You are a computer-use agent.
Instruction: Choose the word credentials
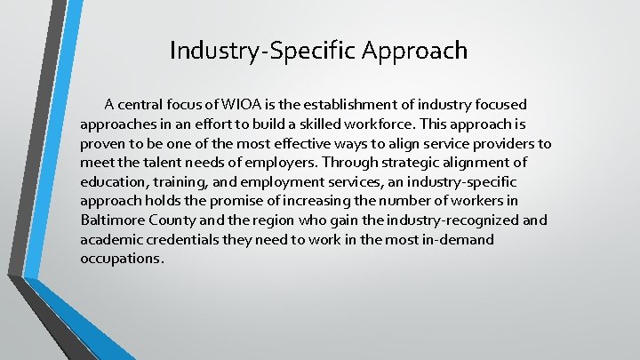coord(178,239)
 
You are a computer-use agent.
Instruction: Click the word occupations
coord(121,259)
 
